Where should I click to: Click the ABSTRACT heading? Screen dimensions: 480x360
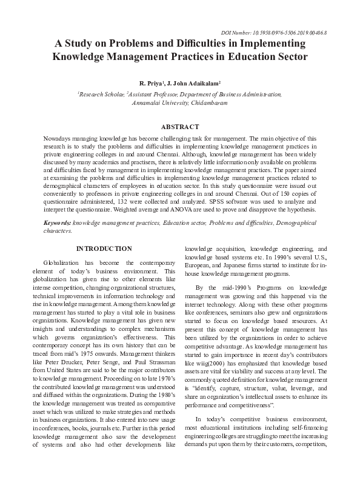coord(179,127)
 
